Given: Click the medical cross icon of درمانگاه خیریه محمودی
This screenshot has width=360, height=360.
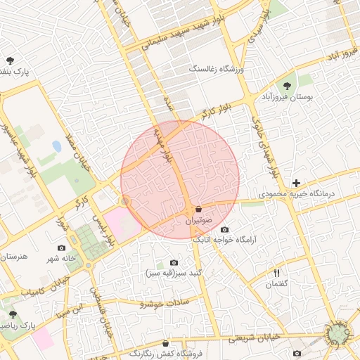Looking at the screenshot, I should (x=296, y=183).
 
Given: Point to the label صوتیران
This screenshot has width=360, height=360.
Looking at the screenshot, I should (x=198, y=220).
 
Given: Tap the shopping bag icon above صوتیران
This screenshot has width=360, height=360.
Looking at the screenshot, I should (x=199, y=209).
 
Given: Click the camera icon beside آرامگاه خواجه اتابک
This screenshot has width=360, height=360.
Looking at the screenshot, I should (x=224, y=229).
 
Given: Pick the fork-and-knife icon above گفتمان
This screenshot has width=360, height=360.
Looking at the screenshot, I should (x=276, y=273).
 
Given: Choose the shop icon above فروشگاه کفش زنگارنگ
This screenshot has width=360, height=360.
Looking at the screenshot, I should (x=165, y=344).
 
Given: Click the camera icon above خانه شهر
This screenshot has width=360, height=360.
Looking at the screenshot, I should (x=61, y=248).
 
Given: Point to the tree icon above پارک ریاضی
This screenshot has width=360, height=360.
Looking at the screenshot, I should (x=12, y=314).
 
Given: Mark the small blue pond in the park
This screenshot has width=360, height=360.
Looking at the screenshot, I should (x=56, y=146).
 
